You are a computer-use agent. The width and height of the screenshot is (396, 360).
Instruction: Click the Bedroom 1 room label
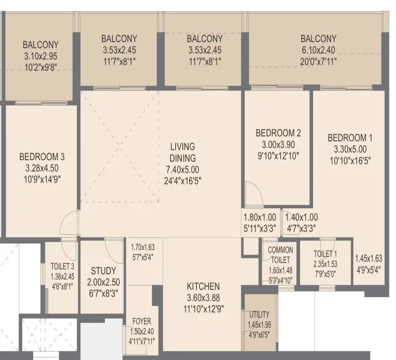pos(350,138)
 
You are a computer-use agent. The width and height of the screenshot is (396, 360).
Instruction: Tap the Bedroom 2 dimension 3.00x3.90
pos(278,145)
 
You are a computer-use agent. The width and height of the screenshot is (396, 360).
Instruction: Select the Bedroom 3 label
pos(42,157)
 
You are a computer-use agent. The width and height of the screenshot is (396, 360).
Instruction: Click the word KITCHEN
pos(203,286)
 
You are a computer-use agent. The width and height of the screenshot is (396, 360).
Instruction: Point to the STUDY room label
pos(104,271)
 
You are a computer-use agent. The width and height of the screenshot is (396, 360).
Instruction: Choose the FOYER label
pos(142,322)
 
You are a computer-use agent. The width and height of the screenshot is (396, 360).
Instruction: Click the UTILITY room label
pos(259,314)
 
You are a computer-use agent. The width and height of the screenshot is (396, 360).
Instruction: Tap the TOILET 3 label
pos(62,266)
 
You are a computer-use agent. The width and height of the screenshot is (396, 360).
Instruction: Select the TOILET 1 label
pos(325,254)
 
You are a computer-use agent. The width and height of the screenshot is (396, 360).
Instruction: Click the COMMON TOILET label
pos(280,255)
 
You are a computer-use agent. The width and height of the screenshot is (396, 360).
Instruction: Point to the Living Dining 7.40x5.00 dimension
pos(182,170)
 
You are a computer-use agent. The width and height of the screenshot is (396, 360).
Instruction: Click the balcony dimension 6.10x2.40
pos(319,50)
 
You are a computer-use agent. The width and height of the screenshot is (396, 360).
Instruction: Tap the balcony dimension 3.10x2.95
pos(41,56)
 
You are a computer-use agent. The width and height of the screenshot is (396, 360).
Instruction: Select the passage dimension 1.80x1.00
pos(260,217)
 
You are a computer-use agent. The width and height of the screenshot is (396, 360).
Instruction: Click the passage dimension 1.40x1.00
pos(302,217)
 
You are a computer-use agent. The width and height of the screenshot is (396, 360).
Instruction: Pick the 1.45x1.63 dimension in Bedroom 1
pos(369,259)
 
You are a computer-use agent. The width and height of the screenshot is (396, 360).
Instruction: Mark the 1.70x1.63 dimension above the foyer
pos(143,247)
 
